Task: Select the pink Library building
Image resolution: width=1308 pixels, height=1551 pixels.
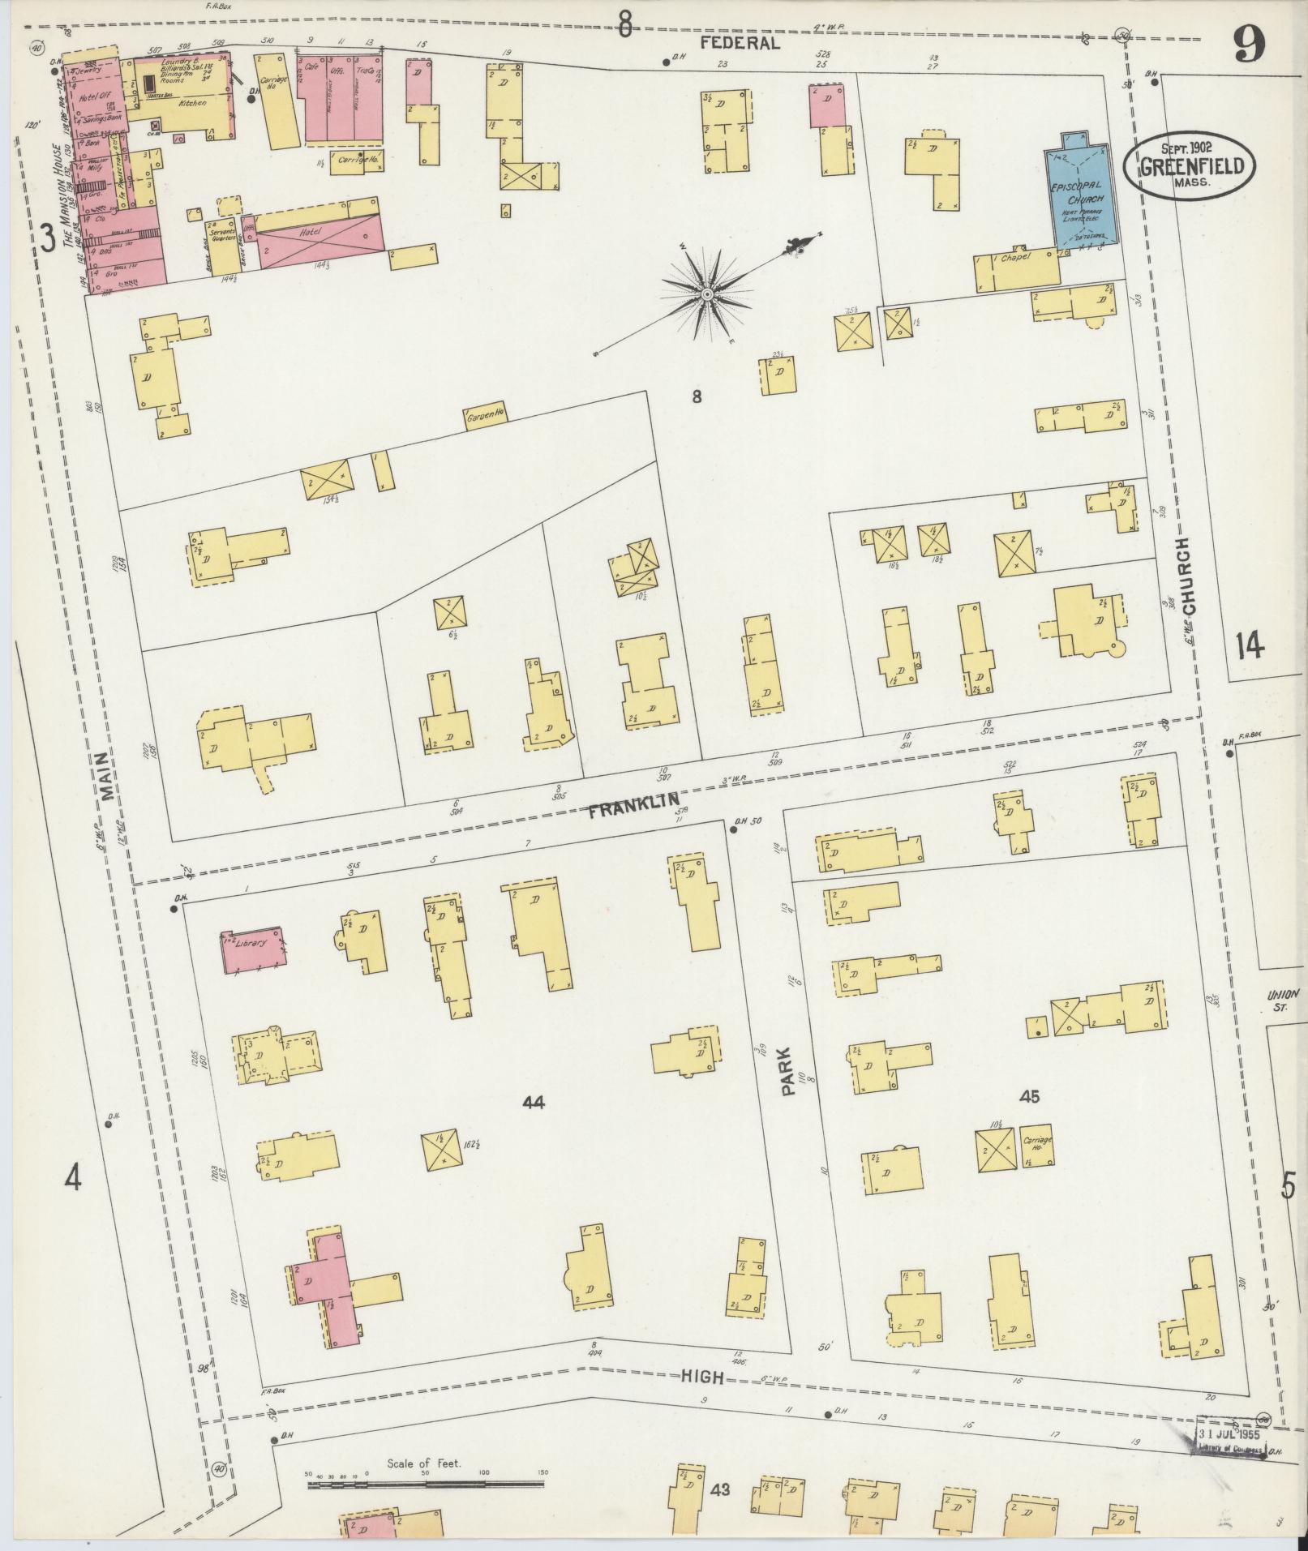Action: click(x=254, y=949)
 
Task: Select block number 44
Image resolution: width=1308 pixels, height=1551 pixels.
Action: click(x=534, y=1102)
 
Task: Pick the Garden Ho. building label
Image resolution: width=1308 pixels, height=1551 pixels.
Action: click(x=485, y=418)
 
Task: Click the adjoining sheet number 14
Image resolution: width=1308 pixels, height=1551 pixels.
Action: click(x=1250, y=646)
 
